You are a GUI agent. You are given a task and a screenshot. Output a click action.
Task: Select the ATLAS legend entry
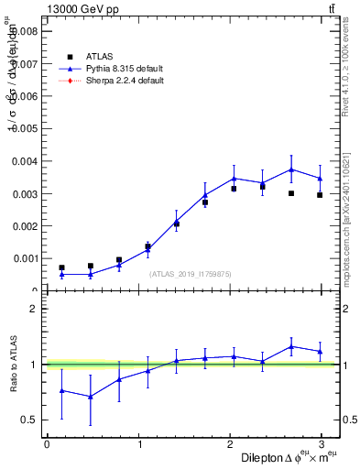pyautogui.click(x=100, y=56)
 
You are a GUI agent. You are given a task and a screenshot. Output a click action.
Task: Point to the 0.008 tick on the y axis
pyautogui.click(x=26, y=31)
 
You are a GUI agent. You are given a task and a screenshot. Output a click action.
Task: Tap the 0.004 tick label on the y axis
pyautogui.click(x=26, y=161)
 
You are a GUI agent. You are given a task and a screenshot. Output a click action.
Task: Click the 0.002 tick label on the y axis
pyautogui.click(x=26, y=226)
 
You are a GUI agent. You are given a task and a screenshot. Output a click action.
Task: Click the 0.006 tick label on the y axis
pyautogui.click(x=26, y=96)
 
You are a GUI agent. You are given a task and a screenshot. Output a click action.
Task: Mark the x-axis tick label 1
pyautogui.click(x=139, y=444)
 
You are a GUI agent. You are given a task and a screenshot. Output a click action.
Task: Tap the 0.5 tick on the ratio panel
pyautogui.click(x=30, y=420)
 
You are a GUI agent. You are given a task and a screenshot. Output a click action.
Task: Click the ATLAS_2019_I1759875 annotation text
pyautogui.click(x=191, y=274)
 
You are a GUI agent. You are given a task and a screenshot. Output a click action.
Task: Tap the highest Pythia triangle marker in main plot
pyautogui.click(x=291, y=169)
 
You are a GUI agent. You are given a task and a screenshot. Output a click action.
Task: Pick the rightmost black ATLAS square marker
pyautogui.click(x=320, y=195)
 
